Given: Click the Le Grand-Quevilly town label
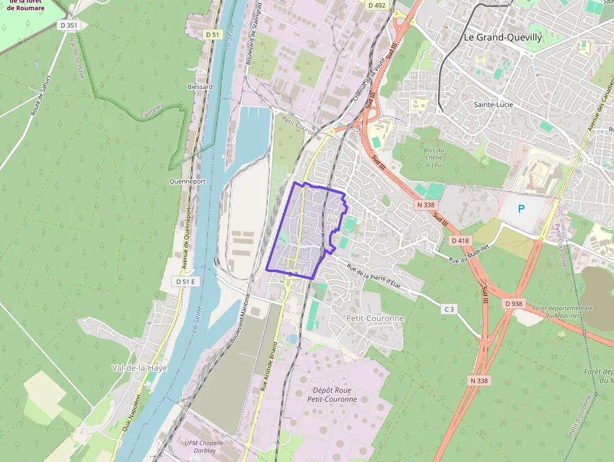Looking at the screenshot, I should (x=502, y=37).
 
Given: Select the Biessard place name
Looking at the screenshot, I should (x=200, y=87).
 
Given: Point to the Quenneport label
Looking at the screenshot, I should (x=187, y=181).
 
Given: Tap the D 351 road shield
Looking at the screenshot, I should (x=69, y=26).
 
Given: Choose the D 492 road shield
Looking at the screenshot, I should (x=377, y=5).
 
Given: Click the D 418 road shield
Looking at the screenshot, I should (x=460, y=241).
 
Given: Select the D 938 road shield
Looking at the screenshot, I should (x=514, y=304).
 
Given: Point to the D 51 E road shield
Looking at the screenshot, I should (x=185, y=282).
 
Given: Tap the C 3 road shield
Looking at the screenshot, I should (x=448, y=309).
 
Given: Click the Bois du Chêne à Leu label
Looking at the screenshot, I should (x=434, y=157).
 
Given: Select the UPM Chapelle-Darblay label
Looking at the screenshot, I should (x=205, y=447).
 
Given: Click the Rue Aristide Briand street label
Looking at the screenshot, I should (x=268, y=367).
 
